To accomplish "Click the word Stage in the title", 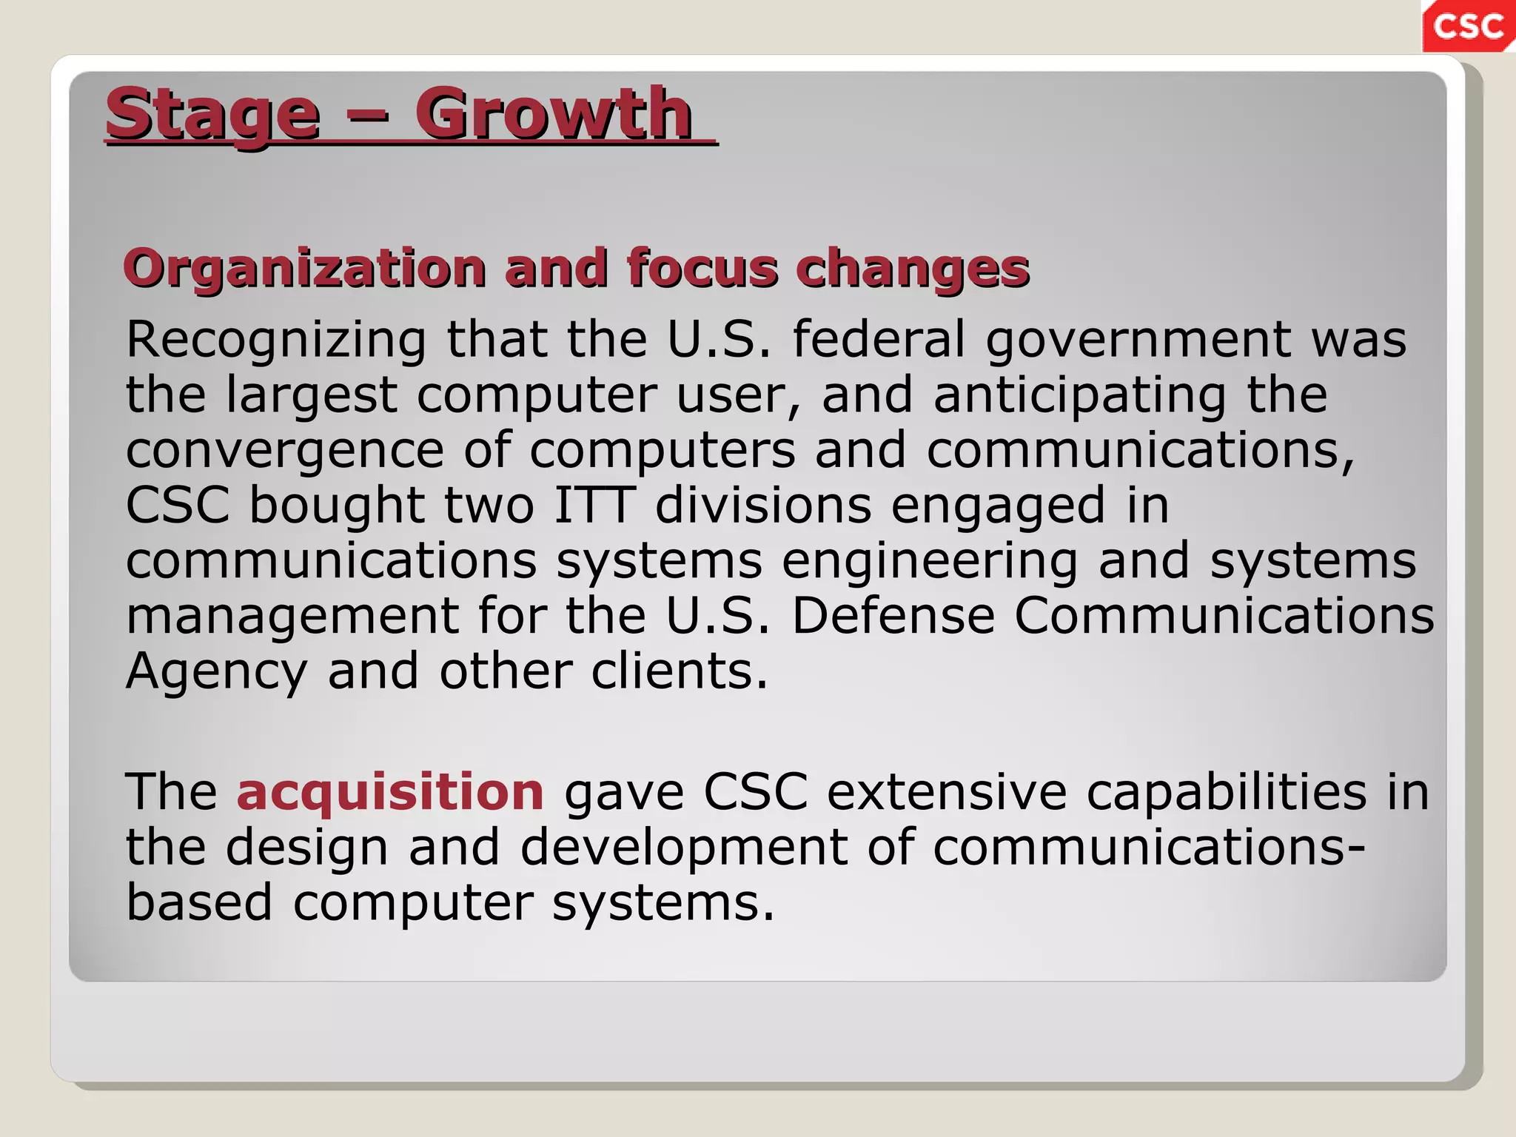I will pos(213,115).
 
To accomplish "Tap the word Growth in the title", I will pos(553,115).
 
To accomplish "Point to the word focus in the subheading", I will pos(702,268).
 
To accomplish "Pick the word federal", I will pos(879,339).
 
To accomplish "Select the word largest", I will pos(312,395).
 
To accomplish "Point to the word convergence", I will pos(285,451).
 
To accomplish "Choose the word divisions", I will pos(763,505).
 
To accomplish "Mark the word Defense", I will pos(893,616).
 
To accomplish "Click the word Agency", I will pos(216,672).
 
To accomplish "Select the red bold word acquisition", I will pos(390,792).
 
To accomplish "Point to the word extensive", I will pos(947,792).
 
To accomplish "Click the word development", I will pos(684,848).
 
